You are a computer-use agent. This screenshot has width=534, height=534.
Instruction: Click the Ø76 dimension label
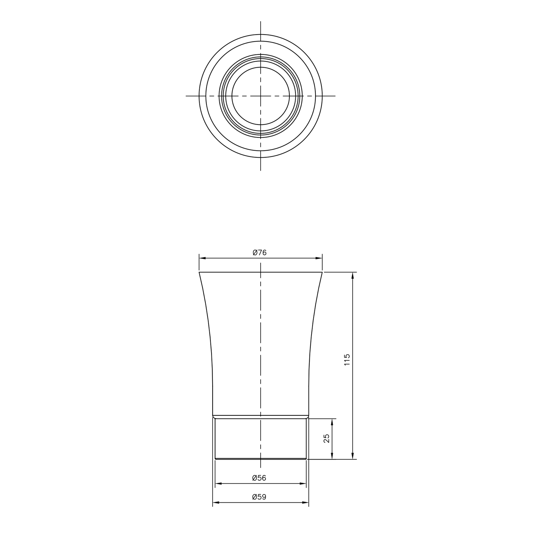(260, 253)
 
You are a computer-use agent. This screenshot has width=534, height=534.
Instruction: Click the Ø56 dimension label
(259, 478)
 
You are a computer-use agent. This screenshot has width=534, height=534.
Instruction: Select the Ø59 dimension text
(259, 497)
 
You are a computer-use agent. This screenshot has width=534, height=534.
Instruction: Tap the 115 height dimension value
(347, 360)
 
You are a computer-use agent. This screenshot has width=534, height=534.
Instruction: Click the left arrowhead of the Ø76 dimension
(202, 258)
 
